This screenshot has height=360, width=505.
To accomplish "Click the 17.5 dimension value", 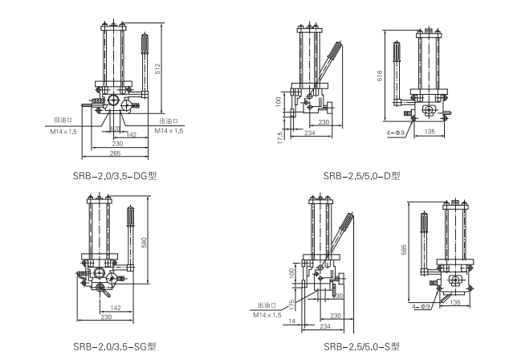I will (x=279, y=137).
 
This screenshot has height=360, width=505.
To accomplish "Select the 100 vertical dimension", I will (x=279, y=102).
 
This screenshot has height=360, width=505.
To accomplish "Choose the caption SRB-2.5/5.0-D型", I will (x=361, y=174).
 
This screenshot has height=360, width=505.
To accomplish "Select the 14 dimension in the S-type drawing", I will (x=292, y=321).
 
